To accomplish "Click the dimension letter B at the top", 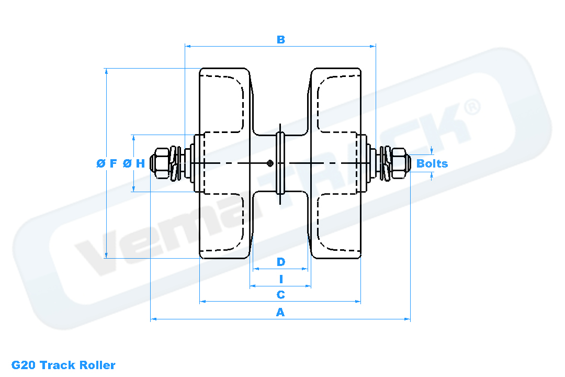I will click(281, 39).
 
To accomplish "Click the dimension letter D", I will click(281, 262).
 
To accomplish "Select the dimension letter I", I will click(281, 279).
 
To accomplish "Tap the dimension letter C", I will click(281, 295).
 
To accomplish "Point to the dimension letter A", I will click(280, 312).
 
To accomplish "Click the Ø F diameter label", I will click(107, 163).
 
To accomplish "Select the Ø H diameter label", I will click(134, 163).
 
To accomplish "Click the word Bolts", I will click(432, 163).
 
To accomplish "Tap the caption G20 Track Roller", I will click(63, 365).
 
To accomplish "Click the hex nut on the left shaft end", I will click(160, 163).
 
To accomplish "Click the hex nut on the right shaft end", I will click(400, 163).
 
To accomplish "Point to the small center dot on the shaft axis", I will click(270, 163).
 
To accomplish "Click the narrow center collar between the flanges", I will click(280, 163).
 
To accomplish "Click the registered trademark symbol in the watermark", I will click(472, 107).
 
